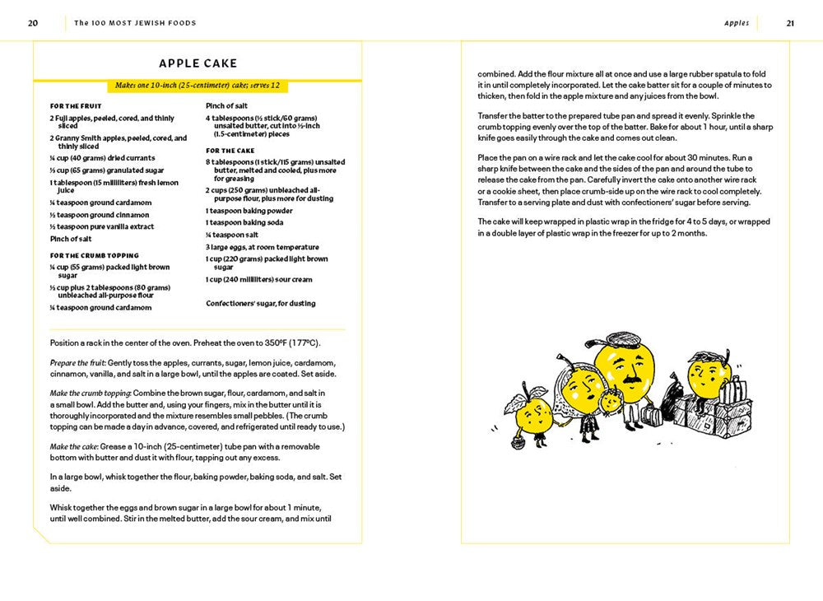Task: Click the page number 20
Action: click(33, 23)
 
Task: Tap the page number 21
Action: click(789, 23)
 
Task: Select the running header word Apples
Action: click(737, 23)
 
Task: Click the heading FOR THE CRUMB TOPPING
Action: click(95, 255)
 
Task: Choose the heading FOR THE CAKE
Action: click(230, 151)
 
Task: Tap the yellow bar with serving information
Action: click(198, 86)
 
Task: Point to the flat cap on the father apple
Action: click(621, 339)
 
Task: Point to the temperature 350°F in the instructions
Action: click(272, 342)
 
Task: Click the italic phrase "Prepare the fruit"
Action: click(77, 362)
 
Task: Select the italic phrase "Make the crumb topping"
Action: click(90, 393)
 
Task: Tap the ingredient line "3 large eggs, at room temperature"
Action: click(263, 247)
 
